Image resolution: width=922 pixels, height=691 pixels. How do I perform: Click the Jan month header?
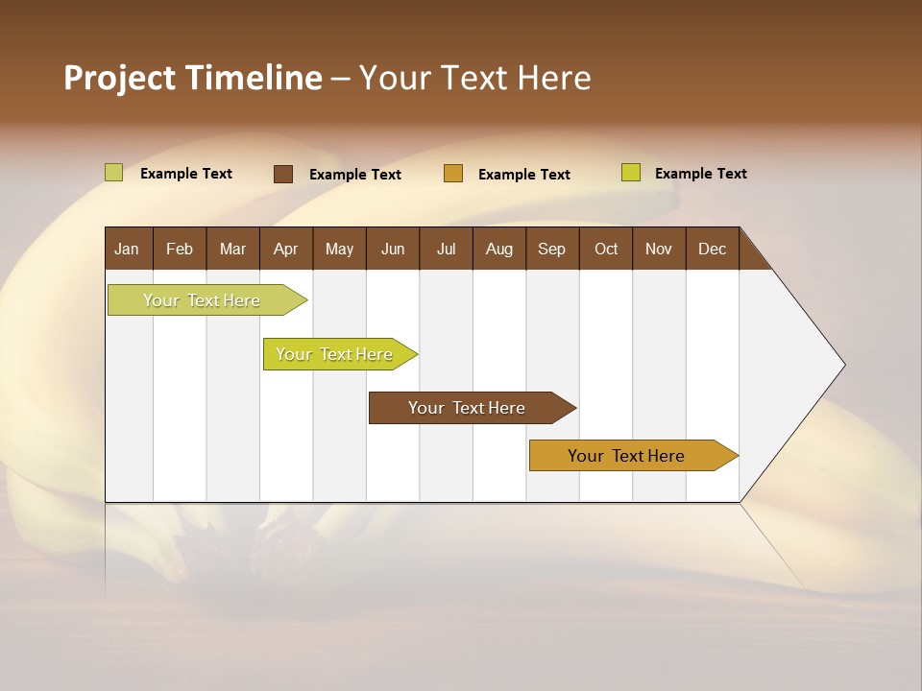pyautogui.click(x=128, y=249)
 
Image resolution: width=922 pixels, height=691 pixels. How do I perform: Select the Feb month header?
pyautogui.click(x=180, y=249)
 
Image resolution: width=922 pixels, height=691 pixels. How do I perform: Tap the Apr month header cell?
pyautogui.click(x=286, y=249)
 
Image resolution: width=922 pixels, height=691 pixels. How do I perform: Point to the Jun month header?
pyautogui.click(x=393, y=249)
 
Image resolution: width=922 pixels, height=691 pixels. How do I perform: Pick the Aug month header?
pyautogui.click(x=499, y=249)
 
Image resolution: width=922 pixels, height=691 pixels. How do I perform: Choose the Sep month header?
pyautogui.click(x=552, y=249)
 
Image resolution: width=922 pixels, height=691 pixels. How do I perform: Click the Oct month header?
pyautogui.click(x=606, y=249)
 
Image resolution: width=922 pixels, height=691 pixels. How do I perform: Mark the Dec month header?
pyautogui.click(x=712, y=249)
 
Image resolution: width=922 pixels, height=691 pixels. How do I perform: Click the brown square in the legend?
pyautogui.click(x=283, y=174)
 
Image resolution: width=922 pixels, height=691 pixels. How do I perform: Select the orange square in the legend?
pyautogui.click(x=453, y=174)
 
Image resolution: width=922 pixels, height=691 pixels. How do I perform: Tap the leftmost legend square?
pyautogui.click(x=114, y=173)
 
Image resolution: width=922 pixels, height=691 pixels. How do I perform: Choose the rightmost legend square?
pyautogui.click(x=631, y=173)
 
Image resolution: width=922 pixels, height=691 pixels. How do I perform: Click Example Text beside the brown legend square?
pyautogui.click(x=355, y=175)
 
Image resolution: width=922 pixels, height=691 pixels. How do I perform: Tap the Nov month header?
pyautogui.click(x=659, y=249)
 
